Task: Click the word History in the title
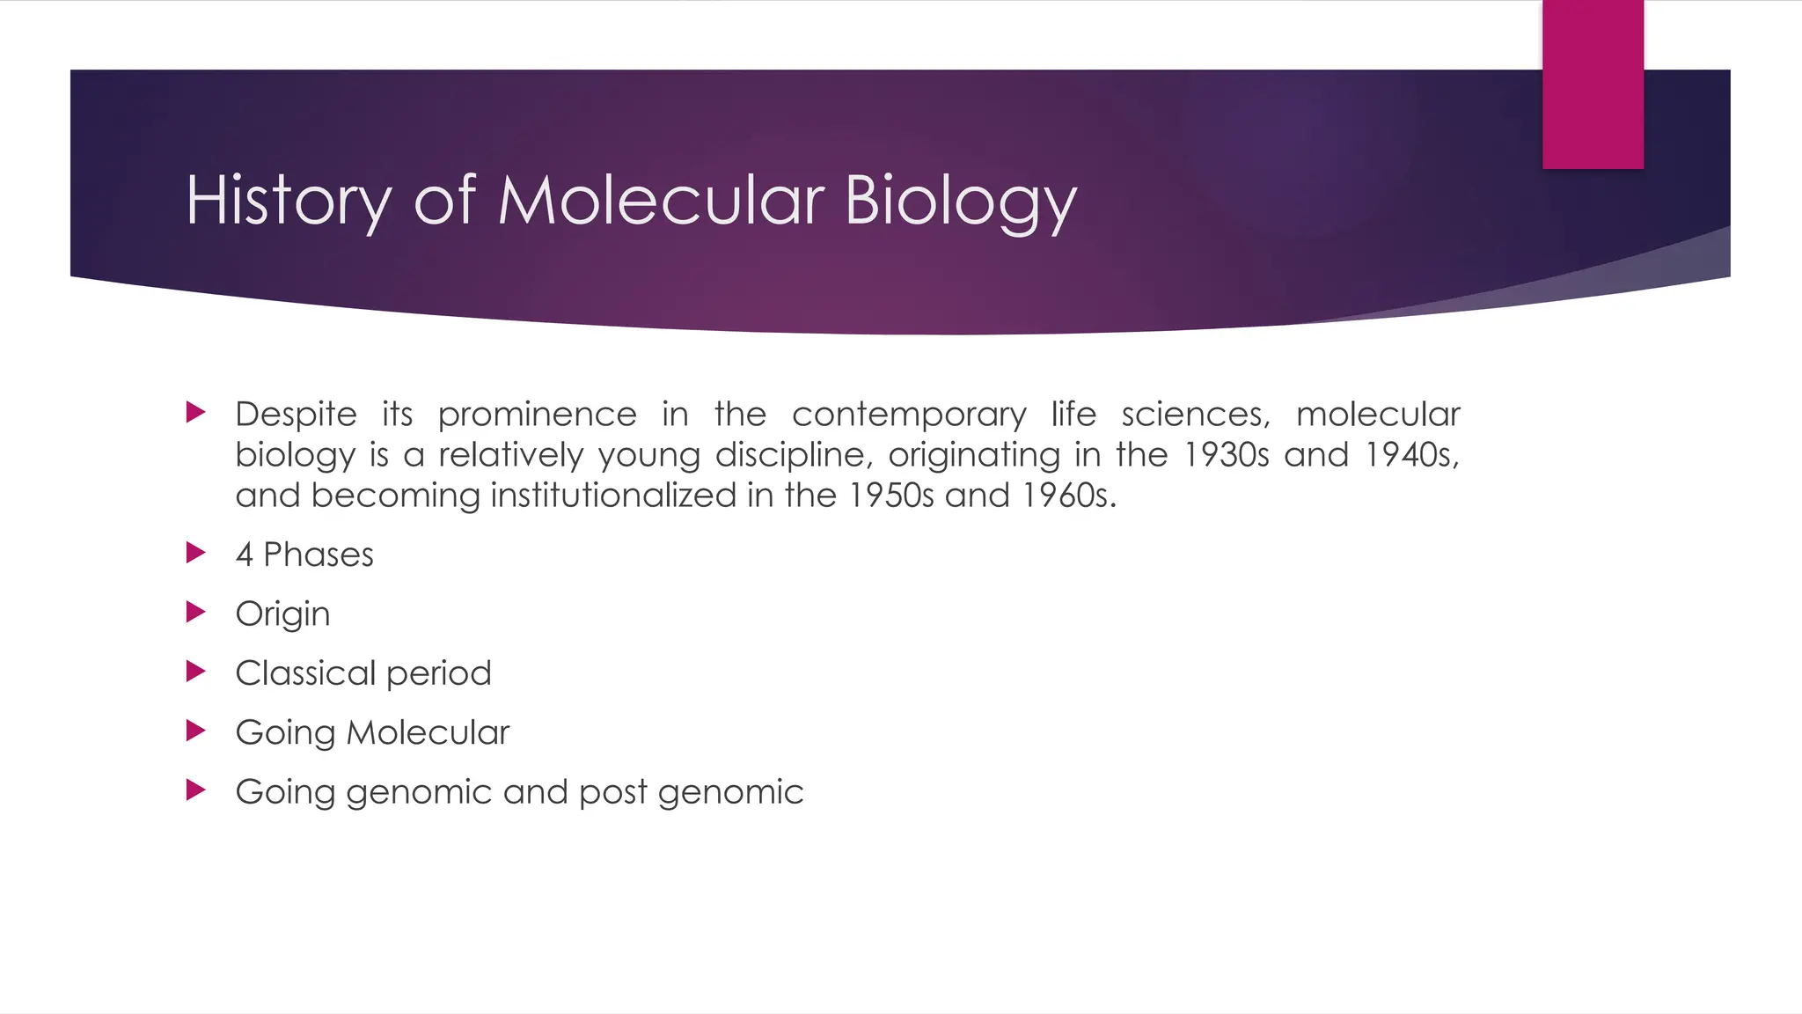point(288,201)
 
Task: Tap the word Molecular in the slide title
point(661,201)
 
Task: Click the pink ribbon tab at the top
point(1593,84)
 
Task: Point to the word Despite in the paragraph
point(296,414)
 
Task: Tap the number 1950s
point(890,495)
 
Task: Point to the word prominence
point(537,414)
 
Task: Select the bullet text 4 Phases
point(304,555)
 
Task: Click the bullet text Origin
point(282,614)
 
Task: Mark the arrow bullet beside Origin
point(196,612)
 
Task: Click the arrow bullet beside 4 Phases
point(196,553)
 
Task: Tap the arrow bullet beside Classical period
point(196,672)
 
